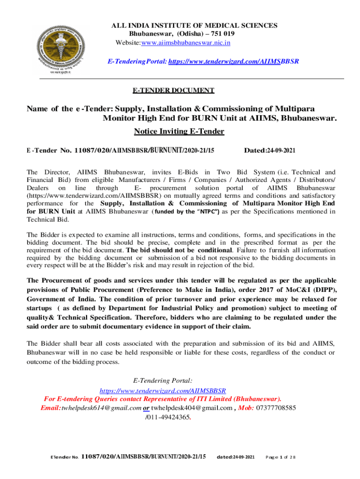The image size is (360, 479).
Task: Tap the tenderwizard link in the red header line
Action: tap(233, 61)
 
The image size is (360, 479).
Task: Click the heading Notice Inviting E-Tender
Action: tap(179, 131)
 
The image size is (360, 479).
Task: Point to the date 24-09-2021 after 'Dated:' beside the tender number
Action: tap(280, 150)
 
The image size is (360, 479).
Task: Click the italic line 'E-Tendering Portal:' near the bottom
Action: tap(163, 381)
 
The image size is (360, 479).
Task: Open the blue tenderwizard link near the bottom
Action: tap(163, 390)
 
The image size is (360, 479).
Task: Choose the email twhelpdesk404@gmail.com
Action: tap(192, 407)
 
